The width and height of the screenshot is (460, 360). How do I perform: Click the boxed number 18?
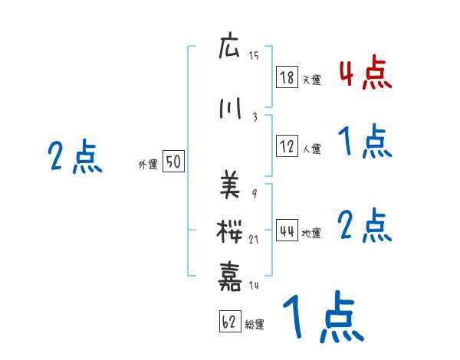point(287,77)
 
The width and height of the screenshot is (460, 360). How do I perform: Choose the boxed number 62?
point(229,322)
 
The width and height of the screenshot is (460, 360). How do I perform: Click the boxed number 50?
point(173,162)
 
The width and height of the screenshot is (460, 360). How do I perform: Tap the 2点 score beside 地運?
point(365,226)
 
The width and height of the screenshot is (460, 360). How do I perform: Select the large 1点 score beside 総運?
point(322,318)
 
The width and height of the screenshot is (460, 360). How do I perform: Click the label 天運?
point(311,80)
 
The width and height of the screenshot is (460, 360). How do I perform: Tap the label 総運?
point(255,325)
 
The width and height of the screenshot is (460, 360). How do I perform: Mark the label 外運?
point(147,164)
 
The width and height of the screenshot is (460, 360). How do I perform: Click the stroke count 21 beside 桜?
point(255,240)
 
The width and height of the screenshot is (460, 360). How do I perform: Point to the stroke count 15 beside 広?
point(255,56)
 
